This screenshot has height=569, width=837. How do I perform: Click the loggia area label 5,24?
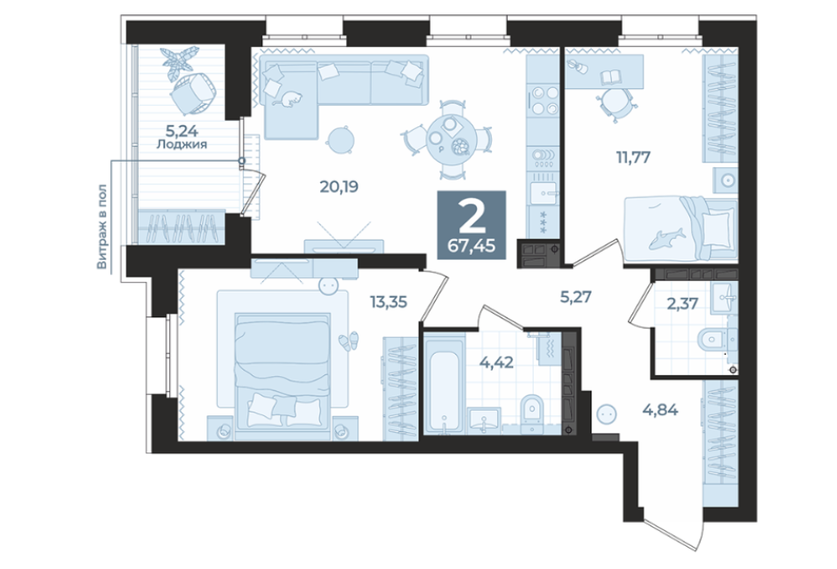click(x=181, y=130)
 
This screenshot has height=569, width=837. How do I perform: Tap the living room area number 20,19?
click(x=339, y=187)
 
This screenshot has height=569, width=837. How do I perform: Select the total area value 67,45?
click(x=472, y=246)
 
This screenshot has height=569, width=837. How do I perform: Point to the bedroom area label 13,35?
click(x=389, y=302)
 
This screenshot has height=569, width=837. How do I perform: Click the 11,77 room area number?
click(x=632, y=158)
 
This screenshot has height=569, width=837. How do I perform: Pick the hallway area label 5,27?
click(x=576, y=297)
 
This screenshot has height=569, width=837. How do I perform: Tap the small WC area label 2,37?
click(x=683, y=304)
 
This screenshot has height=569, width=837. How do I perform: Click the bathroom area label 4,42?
click(x=496, y=363)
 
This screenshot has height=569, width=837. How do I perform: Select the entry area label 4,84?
click(x=660, y=410)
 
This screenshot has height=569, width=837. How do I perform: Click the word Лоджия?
click(x=181, y=144)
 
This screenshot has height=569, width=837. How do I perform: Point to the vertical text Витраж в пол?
click(x=101, y=227)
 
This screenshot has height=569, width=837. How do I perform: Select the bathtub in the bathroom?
click(x=443, y=383)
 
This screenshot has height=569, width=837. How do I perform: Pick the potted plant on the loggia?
click(x=181, y=61)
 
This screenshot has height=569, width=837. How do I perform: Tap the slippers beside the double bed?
click(x=349, y=341)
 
